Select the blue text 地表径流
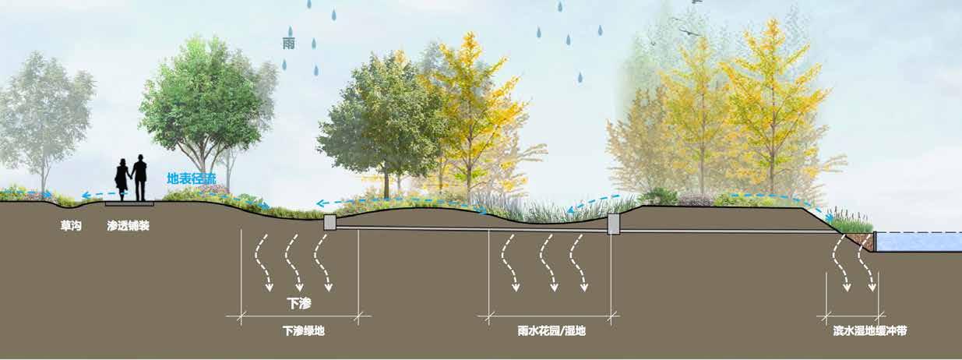click(x=191, y=178)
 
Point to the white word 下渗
click(x=299, y=303)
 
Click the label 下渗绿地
click(x=303, y=331)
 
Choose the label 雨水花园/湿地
click(x=551, y=331)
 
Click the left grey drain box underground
click(x=329, y=222)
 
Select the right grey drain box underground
click(x=613, y=224)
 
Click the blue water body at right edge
click(x=919, y=242)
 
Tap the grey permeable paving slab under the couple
click(x=129, y=203)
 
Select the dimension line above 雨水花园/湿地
click(x=551, y=316)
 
